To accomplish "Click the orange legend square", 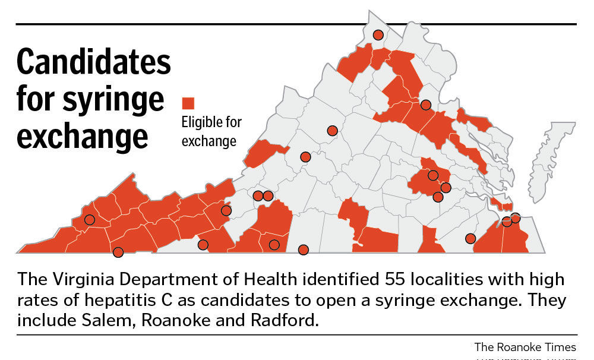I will click(188, 103).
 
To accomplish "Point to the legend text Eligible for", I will click(211, 122).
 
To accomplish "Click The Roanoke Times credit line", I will click(525, 346).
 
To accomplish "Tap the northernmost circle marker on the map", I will click(378, 35).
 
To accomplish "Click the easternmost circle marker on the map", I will click(515, 218).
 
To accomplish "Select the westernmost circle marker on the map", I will click(90, 220).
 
